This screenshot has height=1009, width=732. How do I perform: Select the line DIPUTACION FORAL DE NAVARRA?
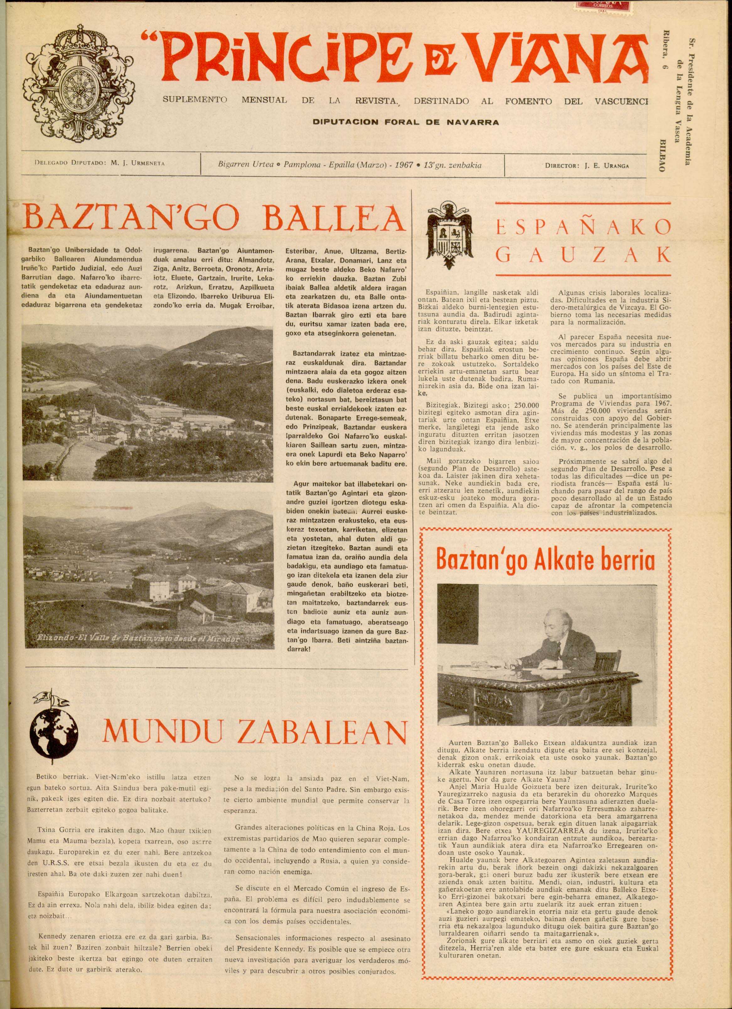[x=405, y=122]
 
